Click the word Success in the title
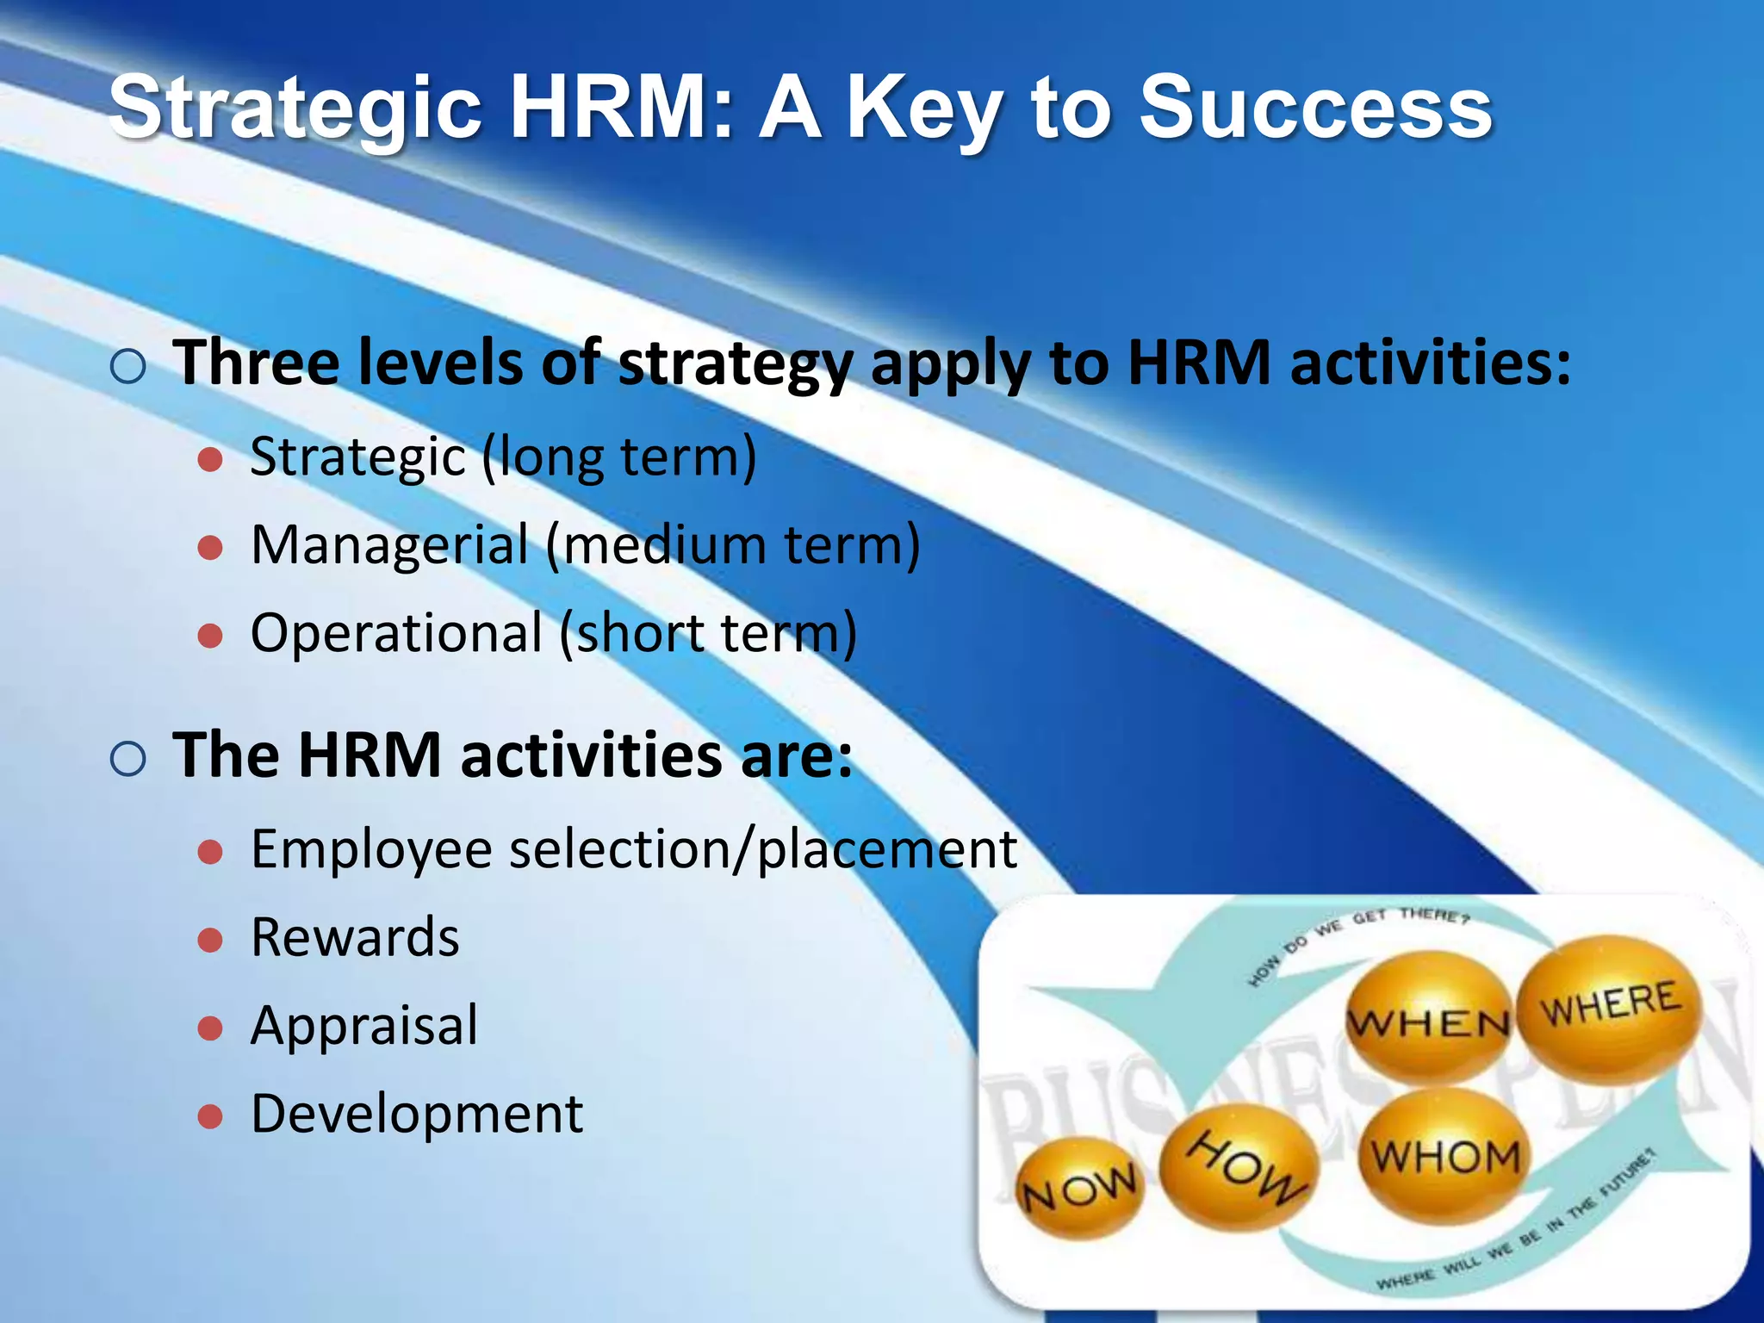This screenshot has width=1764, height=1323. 1315,109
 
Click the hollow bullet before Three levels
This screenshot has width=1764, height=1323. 128,367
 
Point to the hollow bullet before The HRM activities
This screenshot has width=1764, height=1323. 128,759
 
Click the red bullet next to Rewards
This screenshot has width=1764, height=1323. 210,939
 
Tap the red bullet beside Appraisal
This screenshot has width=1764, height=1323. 210,1028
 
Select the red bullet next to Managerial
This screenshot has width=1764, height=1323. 210,547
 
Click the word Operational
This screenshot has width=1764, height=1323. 396,633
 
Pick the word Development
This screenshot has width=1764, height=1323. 417,1114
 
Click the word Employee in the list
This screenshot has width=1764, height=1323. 371,849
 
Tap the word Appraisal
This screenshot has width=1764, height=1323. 364,1026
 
